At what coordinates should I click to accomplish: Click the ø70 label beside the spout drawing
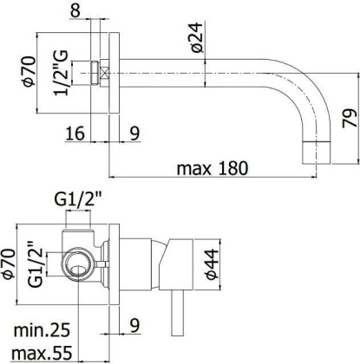tap(27, 71)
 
